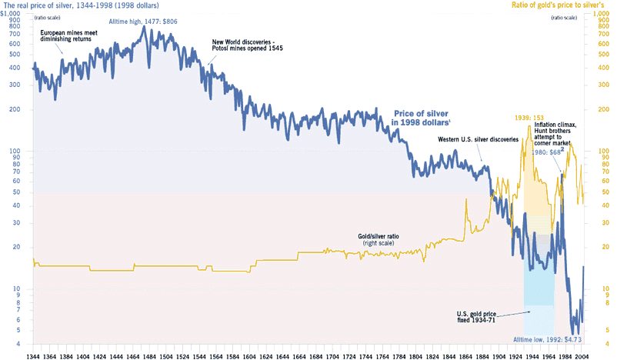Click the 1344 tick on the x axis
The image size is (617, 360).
33,355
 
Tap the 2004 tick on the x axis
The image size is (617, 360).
582,355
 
